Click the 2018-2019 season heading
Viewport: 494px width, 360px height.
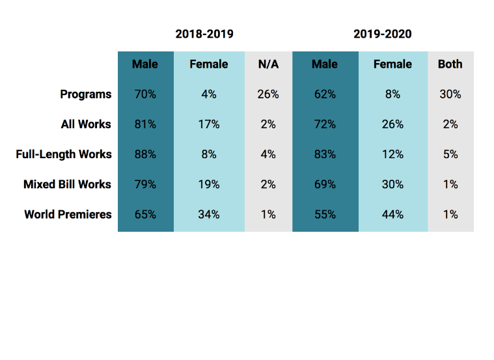[x=204, y=34]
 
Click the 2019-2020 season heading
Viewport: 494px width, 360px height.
[x=383, y=34]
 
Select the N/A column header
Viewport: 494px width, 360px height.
[x=268, y=64]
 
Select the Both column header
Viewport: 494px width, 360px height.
[x=450, y=64]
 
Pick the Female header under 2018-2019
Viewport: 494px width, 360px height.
[x=209, y=64]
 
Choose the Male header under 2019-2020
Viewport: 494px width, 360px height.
[x=325, y=64]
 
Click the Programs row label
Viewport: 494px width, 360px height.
[x=86, y=94]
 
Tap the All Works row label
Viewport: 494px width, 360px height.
[x=86, y=124]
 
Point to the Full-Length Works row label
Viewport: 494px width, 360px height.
[x=64, y=154]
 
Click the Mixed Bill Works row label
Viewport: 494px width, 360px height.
[x=67, y=184]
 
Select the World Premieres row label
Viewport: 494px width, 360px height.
[x=68, y=214]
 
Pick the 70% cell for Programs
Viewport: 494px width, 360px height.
[x=145, y=94]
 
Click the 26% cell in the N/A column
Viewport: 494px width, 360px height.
[x=268, y=94]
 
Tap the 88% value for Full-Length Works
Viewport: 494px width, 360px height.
[x=145, y=154]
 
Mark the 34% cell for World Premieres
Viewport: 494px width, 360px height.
[x=209, y=215]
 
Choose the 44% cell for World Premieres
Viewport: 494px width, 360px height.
[x=392, y=215]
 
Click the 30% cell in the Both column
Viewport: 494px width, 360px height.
[x=450, y=94]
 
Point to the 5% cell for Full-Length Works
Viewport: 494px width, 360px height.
[x=450, y=154]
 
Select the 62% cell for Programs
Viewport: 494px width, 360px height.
[x=325, y=94]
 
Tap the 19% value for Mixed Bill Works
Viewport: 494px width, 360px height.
[x=209, y=184]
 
